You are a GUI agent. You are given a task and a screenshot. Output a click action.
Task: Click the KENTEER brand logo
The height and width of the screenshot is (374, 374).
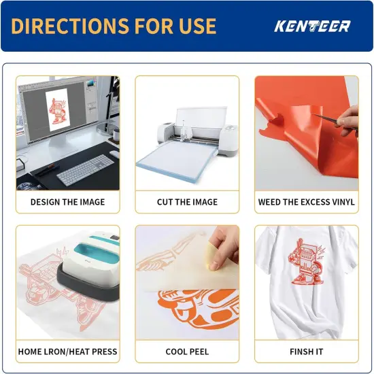pyautogui.click(x=312, y=27)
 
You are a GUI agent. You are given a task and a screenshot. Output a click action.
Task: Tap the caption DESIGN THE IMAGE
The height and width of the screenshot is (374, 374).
pyautogui.click(x=68, y=202)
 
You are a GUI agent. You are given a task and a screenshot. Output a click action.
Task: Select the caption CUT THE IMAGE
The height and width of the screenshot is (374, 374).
pyautogui.click(x=187, y=202)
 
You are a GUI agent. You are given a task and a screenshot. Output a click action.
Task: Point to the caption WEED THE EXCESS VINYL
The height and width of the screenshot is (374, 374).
pyautogui.click(x=307, y=202)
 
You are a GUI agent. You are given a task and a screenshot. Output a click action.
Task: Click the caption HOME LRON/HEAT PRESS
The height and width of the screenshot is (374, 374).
pyautogui.click(x=68, y=352)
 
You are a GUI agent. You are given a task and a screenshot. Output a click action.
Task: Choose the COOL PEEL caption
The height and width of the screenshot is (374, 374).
pyautogui.click(x=187, y=352)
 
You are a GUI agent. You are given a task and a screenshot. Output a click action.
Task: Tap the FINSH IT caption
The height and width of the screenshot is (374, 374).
pyautogui.click(x=307, y=352)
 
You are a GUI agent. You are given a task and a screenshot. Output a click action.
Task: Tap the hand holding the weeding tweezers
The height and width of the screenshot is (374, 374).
pyautogui.click(x=347, y=120)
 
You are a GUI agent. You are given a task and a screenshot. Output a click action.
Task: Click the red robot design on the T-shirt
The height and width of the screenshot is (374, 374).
pyautogui.click(x=306, y=261)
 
